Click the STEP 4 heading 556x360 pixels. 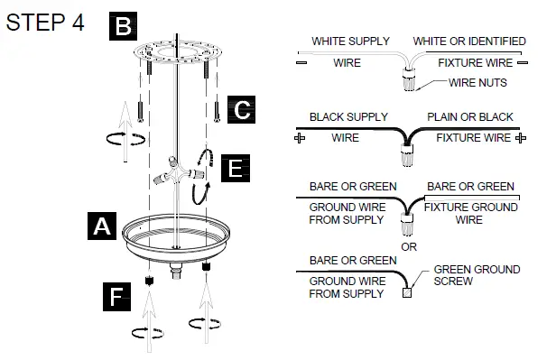pos(45,23)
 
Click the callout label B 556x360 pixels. pos(123,26)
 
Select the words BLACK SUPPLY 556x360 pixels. pos(348,117)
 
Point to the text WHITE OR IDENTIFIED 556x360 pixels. pos(470,42)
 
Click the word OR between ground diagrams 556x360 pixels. pos(408,246)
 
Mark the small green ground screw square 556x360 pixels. pos(408,292)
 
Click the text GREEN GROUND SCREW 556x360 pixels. pos(477,275)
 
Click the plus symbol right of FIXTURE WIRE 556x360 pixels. pos(520,138)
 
